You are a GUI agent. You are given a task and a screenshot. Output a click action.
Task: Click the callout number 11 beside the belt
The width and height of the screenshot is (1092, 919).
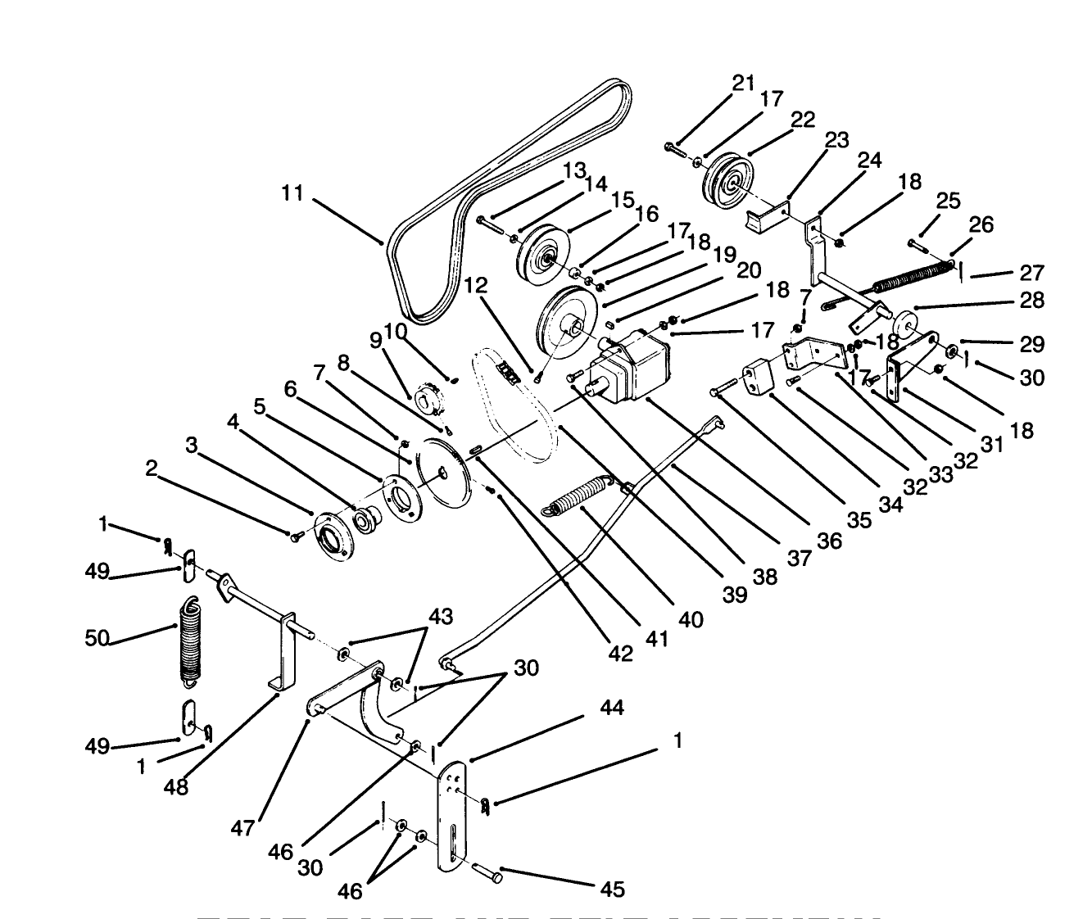coord(292,195)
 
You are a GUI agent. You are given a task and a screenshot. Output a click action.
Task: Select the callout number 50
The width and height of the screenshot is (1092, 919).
coord(97,637)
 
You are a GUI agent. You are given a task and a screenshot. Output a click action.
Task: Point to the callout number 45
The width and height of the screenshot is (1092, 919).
coord(612,889)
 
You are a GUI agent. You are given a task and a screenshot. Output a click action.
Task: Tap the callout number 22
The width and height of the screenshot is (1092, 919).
coord(803,120)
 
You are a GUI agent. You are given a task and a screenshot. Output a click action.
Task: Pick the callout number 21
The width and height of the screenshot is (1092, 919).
coord(743,83)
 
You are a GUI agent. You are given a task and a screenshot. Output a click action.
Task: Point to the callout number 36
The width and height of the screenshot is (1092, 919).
coord(829,540)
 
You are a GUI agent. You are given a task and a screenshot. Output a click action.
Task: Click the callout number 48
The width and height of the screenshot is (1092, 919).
coord(176,787)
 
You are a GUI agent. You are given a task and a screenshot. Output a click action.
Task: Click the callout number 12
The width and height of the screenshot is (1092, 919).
coord(476,286)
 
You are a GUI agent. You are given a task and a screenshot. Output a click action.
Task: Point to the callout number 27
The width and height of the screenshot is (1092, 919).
coord(1033,272)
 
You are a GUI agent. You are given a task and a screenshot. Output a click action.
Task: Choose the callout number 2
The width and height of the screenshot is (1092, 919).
coord(151,468)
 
